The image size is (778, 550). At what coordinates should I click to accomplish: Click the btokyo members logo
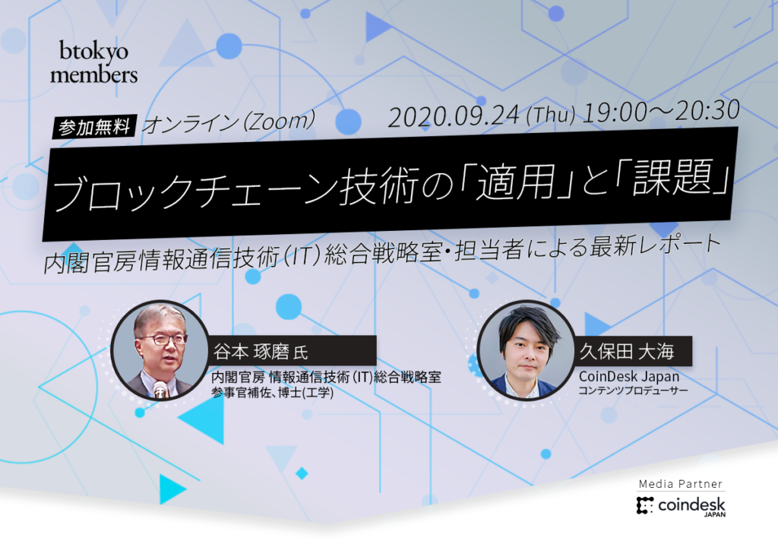tap(93, 62)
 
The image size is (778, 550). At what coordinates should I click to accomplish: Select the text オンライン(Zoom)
tap(229, 122)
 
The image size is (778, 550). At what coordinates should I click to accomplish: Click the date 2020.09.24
tap(454, 116)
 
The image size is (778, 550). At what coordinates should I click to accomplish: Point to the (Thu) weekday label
tap(550, 115)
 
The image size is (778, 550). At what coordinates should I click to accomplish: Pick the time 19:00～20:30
tap(660, 112)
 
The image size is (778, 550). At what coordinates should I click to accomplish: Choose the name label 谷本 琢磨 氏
tap(261, 351)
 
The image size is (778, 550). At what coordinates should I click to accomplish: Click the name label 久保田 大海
tap(627, 351)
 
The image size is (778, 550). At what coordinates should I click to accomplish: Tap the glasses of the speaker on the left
tap(161, 340)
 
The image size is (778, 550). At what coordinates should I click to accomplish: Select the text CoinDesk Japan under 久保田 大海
tap(628, 377)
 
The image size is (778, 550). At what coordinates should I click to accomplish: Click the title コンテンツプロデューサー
tap(633, 390)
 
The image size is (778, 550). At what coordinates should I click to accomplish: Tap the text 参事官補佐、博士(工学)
tap(273, 393)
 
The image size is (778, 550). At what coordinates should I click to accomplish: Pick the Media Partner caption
tap(680, 484)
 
